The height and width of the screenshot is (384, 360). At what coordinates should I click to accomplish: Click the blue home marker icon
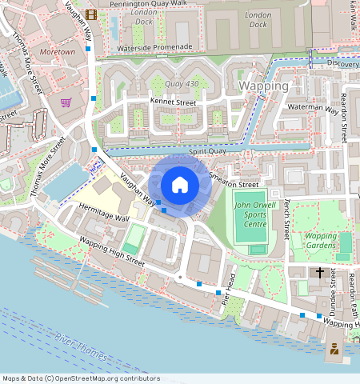click(180, 186)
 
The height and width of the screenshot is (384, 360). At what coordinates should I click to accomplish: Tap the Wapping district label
click(264, 86)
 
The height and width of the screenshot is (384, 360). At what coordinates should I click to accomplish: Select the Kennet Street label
click(173, 102)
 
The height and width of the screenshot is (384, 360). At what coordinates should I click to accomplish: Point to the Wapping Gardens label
click(321, 241)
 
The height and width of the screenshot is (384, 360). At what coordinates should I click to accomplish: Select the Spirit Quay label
click(204, 151)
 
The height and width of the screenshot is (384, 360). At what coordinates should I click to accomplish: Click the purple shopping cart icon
click(66, 102)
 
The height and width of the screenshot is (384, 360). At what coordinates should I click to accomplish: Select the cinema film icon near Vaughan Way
click(92, 14)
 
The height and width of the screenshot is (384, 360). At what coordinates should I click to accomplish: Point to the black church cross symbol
click(320, 273)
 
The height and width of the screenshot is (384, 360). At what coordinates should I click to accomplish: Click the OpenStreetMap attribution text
click(81, 378)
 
